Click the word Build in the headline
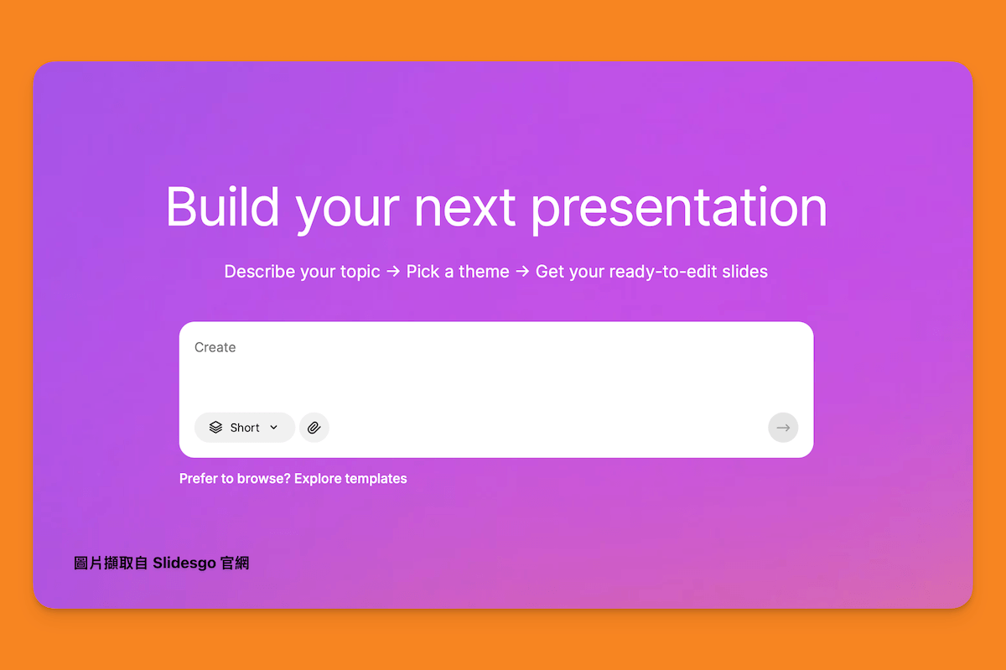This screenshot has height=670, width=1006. coord(223,207)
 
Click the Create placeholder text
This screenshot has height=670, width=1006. coord(215,347)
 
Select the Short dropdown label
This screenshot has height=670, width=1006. coord(245,428)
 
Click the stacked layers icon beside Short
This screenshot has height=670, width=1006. coord(215,428)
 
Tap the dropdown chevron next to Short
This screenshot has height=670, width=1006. coord(273,428)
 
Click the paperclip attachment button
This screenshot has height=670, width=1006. coord(314,428)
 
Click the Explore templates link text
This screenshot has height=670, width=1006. coord(350,479)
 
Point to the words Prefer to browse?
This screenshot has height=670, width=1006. coord(235,479)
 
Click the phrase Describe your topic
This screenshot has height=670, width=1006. coord(303,272)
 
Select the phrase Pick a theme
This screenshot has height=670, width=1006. coord(458,272)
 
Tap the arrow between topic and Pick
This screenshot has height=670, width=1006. coord(393,272)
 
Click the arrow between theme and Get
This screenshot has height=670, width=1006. coord(522,272)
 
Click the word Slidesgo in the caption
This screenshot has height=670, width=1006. coord(184,563)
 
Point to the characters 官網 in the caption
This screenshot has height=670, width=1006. coord(235,563)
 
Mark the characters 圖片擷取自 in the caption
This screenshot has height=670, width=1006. coord(111,563)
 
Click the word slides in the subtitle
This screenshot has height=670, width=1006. coord(745,272)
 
